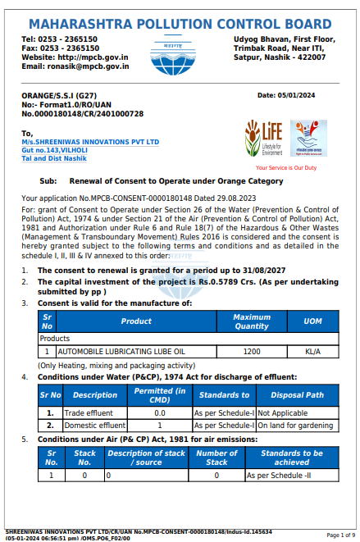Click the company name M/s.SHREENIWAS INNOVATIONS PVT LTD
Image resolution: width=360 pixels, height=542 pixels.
coord(90,142)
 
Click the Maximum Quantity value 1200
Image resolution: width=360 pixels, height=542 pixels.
coord(252,350)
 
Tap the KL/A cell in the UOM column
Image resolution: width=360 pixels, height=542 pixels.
coord(313,350)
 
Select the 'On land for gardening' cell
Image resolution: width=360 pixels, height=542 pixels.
coord(297,426)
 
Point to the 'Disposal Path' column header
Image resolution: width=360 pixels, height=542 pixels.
coord(297,395)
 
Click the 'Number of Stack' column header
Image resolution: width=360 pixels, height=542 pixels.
coord(216,458)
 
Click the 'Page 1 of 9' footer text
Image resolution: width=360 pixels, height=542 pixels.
coord(340,535)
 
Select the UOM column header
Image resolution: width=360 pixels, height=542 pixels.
coord(313,321)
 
